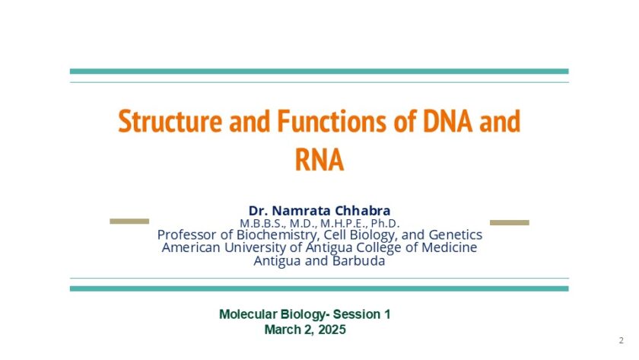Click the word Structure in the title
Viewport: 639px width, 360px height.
point(170,121)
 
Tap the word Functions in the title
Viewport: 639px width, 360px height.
point(332,121)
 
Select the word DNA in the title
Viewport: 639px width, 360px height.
point(448,121)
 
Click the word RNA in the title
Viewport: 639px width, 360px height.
point(319,160)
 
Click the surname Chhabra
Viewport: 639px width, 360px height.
point(362,211)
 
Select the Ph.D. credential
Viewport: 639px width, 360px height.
point(385,224)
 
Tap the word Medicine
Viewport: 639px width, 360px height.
point(450,247)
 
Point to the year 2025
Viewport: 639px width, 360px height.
point(332,330)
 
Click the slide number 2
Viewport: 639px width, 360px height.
point(621,340)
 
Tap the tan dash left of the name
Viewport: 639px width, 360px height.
point(129,221)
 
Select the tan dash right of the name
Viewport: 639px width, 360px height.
point(510,222)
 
